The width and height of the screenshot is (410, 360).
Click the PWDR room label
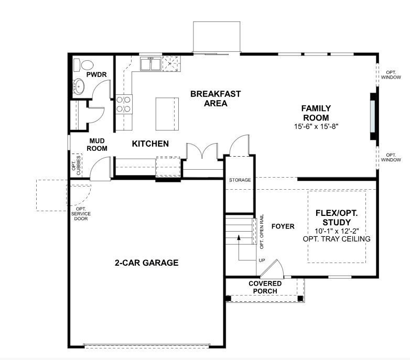[96, 75]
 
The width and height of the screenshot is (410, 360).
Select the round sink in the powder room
[79, 87]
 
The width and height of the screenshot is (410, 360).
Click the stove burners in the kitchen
[124, 104]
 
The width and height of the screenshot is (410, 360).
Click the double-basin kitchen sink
[150, 64]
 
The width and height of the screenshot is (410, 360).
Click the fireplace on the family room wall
[373, 116]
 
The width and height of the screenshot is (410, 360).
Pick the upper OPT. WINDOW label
[391, 75]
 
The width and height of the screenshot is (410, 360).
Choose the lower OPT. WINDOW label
[391, 157]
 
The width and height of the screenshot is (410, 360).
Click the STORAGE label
[240, 180]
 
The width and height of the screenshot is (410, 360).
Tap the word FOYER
[283, 226]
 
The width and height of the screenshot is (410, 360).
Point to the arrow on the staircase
[239, 237]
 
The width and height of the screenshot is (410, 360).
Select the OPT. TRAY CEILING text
[336, 239]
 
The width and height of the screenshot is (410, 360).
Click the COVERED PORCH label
[265, 288]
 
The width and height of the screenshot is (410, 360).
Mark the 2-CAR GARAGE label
[147, 263]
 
